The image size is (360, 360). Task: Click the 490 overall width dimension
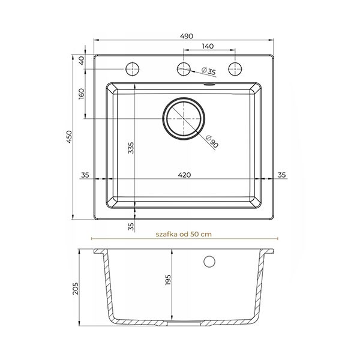(x=187, y=36)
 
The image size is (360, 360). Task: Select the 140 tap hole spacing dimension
(x=208, y=46)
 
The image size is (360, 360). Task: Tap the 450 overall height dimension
(x=69, y=137)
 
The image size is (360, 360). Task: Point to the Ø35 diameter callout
(x=208, y=70)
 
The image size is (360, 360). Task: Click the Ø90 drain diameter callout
(x=211, y=142)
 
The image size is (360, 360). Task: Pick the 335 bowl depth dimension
(x=131, y=148)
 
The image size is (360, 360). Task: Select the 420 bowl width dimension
(x=184, y=175)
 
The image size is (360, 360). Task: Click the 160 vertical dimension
(x=82, y=94)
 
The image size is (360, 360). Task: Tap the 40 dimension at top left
(x=82, y=61)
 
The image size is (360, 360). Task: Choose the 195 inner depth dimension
(x=168, y=280)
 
